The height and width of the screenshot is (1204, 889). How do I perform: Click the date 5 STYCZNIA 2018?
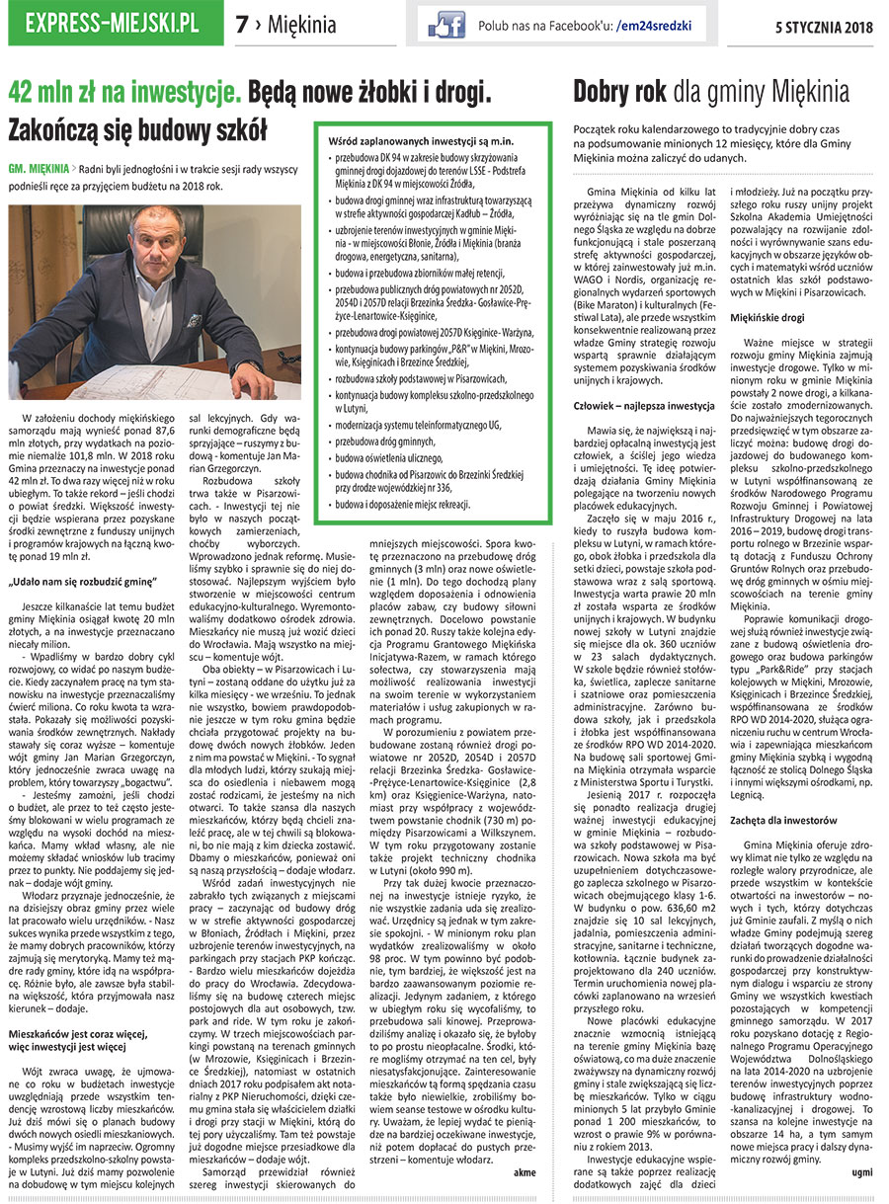point(825,25)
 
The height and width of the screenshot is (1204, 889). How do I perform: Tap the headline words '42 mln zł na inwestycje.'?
point(124,95)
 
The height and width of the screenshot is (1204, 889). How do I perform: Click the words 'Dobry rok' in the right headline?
point(620,93)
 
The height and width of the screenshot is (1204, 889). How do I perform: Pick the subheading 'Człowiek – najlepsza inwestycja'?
point(644,406)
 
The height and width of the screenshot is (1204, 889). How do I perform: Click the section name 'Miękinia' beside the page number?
point(302,25)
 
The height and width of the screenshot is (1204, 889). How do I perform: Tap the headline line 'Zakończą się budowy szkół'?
point(138,130)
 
